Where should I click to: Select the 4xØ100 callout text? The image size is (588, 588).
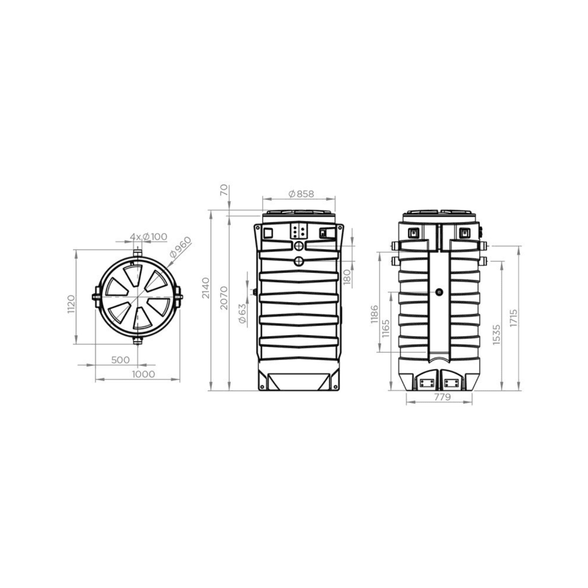pyautogui.click(x=148, y=237)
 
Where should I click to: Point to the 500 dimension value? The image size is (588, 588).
pyautogui.click(x=120, y=360)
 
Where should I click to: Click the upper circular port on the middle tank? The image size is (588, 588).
pyautogui.click(x=299, y=246)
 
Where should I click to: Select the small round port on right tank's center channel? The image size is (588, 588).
pyautogui.click(x=439, y=292)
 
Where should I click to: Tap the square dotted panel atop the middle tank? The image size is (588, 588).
pyautogui.click(x=299, y=231)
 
